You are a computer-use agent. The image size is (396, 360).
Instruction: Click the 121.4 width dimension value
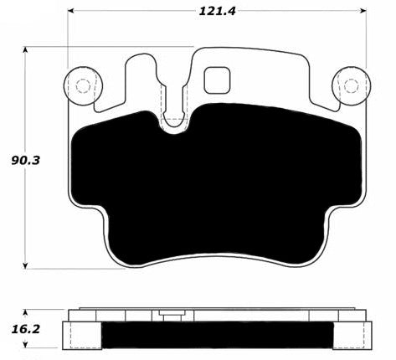[x=217, y=11]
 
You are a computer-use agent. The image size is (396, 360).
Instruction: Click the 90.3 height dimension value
[x=26, y=161]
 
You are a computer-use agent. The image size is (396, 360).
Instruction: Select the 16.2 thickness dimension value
[x=26, y=329]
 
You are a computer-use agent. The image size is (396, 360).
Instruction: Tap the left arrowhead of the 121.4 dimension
[x=70, y=11]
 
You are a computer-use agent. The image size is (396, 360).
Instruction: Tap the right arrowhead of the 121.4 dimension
[x=363, y=11]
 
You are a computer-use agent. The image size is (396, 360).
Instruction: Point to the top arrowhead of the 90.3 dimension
[x=25, y=49]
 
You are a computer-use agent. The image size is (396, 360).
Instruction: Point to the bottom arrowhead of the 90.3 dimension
[x=25, y=266]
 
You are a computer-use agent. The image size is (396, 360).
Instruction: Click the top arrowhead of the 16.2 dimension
[x=25, y=312]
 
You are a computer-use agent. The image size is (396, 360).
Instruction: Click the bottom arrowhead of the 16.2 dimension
[x=25, y=345]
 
